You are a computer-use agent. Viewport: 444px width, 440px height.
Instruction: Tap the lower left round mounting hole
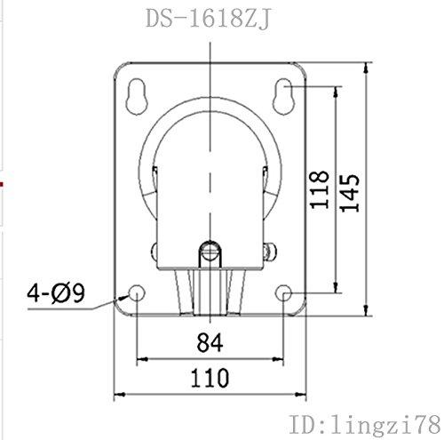(x=136, y=293)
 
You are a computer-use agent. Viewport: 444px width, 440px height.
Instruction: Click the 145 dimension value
(x=352, y=189)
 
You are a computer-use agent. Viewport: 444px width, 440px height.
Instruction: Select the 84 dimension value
(x=210, y=340)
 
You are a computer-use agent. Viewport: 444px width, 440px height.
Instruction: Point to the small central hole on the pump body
(x=210, y=250)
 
